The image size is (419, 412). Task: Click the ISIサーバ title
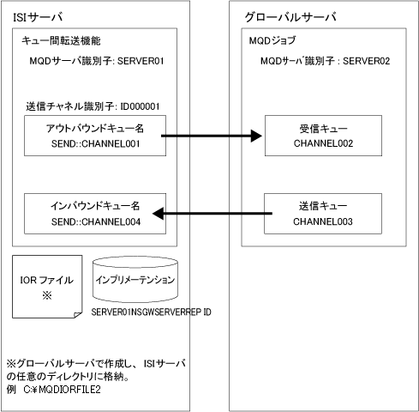coord(38,17)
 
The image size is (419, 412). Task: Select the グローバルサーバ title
coord(290,17)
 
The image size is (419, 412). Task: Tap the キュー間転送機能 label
coord(61,41)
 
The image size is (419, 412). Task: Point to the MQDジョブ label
coord(272,40)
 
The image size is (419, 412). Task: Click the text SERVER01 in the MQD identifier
coord(141,61)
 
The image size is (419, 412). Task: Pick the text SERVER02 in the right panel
coord(366,61)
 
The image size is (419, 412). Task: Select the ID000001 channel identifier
coord(140,106)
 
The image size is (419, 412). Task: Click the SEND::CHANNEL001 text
coord(96,143)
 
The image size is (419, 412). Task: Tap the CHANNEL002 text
coord(323,143)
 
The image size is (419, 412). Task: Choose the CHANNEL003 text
coord(323,221)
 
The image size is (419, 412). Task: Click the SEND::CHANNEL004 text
coord(96,221)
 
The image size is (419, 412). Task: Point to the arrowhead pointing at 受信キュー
coord(256,136)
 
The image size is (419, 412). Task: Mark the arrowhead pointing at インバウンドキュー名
coord(158,214)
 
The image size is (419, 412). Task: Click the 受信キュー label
coord(323,129)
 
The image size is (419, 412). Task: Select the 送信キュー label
coord(323,206)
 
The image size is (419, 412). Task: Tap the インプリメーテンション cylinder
coord(135,279)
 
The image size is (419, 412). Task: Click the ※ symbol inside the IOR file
coord(47,295)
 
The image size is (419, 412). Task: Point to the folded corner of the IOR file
coord(78,315)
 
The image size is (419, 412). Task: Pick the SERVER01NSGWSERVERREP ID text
coord(151,312)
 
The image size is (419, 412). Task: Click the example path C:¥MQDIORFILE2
coord(63,390)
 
